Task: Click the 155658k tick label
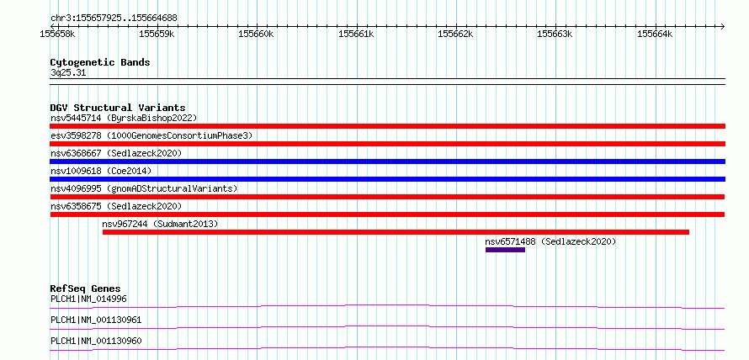click(x=57, y=34)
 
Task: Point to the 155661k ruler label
click(x=356, y=34)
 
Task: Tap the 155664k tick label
click(x=655, y=34)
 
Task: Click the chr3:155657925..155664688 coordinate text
click(x=114, y=19)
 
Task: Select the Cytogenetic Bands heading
click(x=100, y=62)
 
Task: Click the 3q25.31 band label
click(x=68, y=73)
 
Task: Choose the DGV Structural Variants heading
click(x=118, y=108)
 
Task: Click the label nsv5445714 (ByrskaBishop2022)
click(x=124, y=118)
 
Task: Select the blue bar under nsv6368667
click(x=388, y=161)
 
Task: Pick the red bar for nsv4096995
click(x=387, y=197)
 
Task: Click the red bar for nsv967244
click(x=396, y=232)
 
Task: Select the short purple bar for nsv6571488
click(x=506, y=250)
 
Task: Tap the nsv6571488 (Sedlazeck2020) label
click(x=550, y=241)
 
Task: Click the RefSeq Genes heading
click(x=86, y=289)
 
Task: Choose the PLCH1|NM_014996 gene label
click(x=88, y=299)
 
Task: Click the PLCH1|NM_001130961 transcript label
click(x=96, y=320)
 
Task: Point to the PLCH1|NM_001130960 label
click(x=96, y=341)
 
